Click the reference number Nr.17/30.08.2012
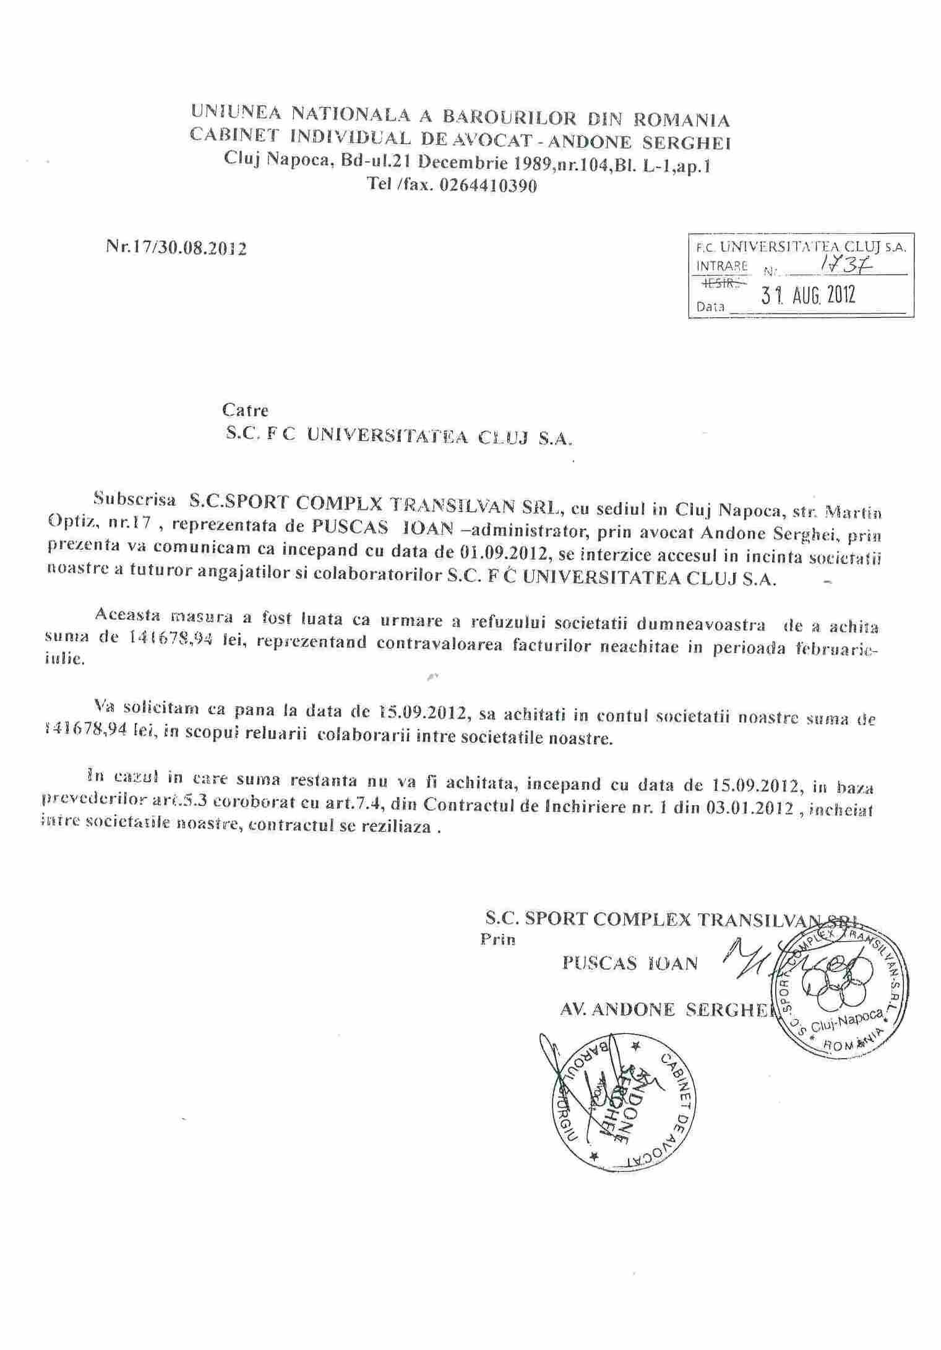pos(176,249)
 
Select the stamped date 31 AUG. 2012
pos(809,295)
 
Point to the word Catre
pos(245,410)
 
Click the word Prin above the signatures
pos(497,941)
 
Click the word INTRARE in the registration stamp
pos(721,266)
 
